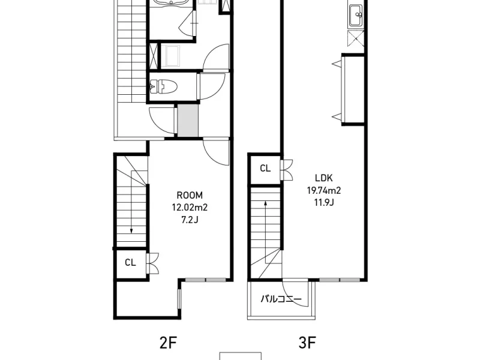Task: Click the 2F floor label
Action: [x=169, y=343]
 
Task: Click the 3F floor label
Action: [x=307, y=343]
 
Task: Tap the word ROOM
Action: [x=189, y=195]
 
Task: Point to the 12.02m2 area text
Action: [x=189, y=207]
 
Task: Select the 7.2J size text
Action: [x=189, y=219]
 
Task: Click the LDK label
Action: [x=324, y=178]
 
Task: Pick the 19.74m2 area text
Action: [x=324, y=190]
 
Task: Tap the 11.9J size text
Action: [x=324, y=202]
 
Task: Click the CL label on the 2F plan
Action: [x=130, y=262]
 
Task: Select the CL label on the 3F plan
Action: [x=265, y=169]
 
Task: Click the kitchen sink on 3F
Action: [x=355, y=13]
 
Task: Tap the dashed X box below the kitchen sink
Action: [x=355, y=38]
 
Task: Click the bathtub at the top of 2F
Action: [x=171, y=4]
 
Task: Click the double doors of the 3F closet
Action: [x=287, y=169]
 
